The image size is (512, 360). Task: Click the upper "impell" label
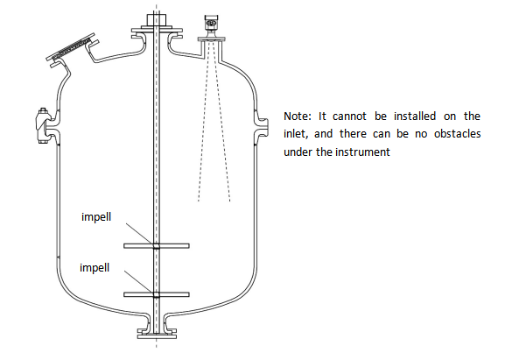click(96, 217)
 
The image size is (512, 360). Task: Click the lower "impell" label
click(95, 268)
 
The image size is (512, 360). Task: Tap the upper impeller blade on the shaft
click(157, 245)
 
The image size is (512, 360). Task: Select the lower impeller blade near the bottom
click(157, 294)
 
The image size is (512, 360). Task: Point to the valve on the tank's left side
click(42, 125)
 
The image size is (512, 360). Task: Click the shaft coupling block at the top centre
click(156, 21)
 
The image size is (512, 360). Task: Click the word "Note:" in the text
click(298, 116)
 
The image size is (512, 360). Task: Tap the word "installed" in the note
click(415, 116)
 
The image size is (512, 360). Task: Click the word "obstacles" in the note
click(457, 134)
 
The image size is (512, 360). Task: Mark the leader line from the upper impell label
click(139, 234)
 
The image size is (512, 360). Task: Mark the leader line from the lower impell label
click(138, 281)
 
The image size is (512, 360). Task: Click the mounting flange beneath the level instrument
click(212, 39)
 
